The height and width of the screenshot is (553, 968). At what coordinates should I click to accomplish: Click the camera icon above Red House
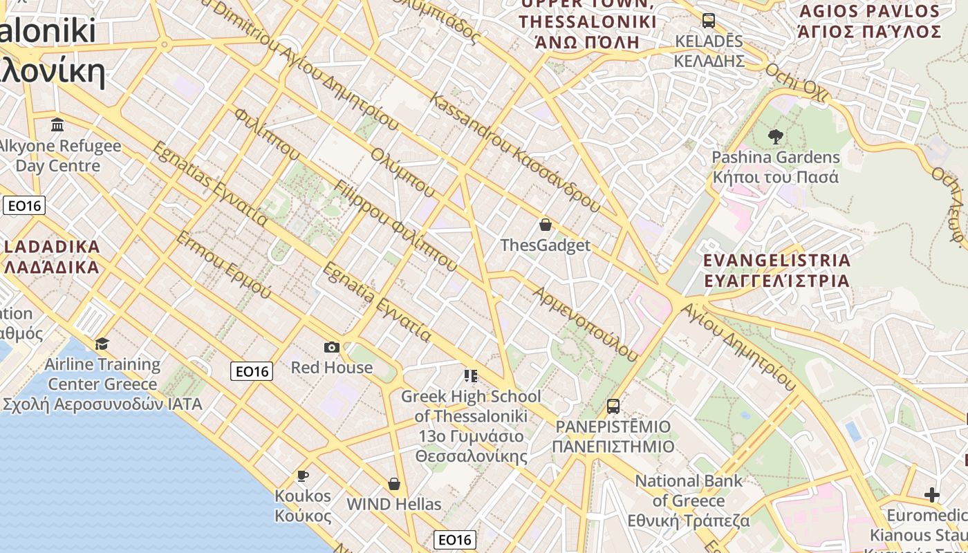[x=332, y=347]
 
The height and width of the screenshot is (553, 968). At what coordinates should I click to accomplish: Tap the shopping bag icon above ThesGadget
[x=546, y=225]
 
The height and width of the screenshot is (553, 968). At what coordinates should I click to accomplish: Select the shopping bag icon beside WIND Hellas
[x=394, y=484]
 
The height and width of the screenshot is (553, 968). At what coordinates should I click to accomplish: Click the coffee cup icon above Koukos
[x=302, y=476]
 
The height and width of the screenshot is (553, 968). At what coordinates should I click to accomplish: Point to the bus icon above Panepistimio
[x=613, y=406]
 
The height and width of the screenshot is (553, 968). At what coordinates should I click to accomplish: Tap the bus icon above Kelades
[x=709, y=20]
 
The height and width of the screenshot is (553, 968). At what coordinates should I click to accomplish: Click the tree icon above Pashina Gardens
[x=775, y=137]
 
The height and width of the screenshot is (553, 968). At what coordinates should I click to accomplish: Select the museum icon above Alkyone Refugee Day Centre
[x=58, y=125]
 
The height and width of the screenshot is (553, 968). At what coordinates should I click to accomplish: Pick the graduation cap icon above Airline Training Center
[x=102, y=344]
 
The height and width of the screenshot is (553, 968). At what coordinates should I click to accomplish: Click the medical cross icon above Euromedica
[x=932, y=495]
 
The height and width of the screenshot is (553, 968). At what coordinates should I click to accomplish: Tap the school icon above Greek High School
[x=471, y=376]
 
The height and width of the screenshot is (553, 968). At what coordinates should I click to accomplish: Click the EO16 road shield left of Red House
[x=252, y=371]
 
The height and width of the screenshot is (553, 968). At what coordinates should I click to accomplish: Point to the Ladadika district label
[x=53, y=256]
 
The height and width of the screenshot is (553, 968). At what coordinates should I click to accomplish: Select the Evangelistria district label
[x=776, y=270]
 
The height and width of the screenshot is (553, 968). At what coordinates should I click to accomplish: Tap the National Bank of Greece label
[x=689, y=500]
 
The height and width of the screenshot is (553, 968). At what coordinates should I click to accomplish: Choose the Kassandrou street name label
[x=515, y=151]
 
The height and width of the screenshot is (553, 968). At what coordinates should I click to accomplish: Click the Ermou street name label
[x=223, y=265]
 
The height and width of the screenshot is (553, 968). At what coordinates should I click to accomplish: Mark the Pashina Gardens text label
[x=776, y=167]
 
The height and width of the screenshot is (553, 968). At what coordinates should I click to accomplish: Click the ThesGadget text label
[x=546, y=245]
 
